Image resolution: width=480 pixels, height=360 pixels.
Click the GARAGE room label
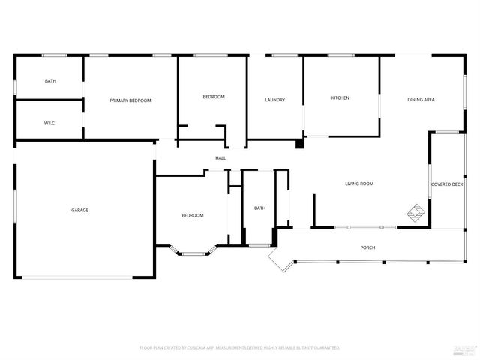click(x=79, y=210)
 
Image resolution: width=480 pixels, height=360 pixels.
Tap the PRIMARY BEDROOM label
click(x=130, y=100)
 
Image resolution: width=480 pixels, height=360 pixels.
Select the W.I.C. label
click(x=50, y=123)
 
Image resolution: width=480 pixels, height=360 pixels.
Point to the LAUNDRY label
click(x=274, y=100)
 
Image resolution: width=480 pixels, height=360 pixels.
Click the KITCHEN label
click(x=340, y=97)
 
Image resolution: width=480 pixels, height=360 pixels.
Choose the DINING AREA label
click(x=421, y=100)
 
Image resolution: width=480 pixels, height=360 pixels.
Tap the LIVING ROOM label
click(x=359, y=184)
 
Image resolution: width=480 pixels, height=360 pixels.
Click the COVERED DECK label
click(x=446, y=184)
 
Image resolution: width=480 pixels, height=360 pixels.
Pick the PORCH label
click(x=367, y=247)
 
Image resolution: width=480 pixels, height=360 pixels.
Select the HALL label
click(x=220, y=158)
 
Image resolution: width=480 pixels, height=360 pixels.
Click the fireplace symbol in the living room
click(x=415, y=213)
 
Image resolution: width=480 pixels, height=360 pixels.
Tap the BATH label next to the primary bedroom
click(x=50, y=81)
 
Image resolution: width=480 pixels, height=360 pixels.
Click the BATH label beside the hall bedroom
click(x=259, y=208)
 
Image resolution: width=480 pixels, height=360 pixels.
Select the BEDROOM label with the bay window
click(x=192, y=216)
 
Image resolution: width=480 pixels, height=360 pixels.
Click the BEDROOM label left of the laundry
click(x=213, y=97)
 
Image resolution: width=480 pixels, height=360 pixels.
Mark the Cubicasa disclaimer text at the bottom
click(x=240, y=348)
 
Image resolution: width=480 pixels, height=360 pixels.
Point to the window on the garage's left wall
click(x=15, y=210)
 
